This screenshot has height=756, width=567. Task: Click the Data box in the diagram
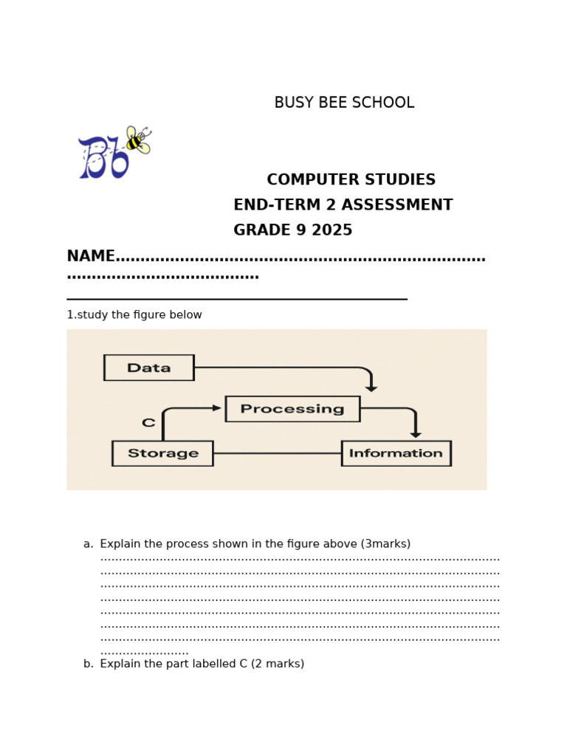148,368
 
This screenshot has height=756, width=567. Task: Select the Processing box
292,409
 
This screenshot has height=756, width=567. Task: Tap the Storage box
162,453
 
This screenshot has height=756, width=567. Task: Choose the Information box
396,453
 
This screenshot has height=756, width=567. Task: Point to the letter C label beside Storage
148,423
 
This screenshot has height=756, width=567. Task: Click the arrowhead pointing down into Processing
371,388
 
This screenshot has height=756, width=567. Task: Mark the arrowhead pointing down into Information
416,435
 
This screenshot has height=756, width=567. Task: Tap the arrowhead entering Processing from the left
217,408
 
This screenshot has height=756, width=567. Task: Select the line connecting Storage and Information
277,453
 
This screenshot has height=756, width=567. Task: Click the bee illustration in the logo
138,140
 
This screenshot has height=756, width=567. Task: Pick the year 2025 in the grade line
331,230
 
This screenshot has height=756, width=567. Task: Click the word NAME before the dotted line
91,256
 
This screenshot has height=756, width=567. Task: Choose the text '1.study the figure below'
134,315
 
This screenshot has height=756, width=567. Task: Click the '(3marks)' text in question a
385,544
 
